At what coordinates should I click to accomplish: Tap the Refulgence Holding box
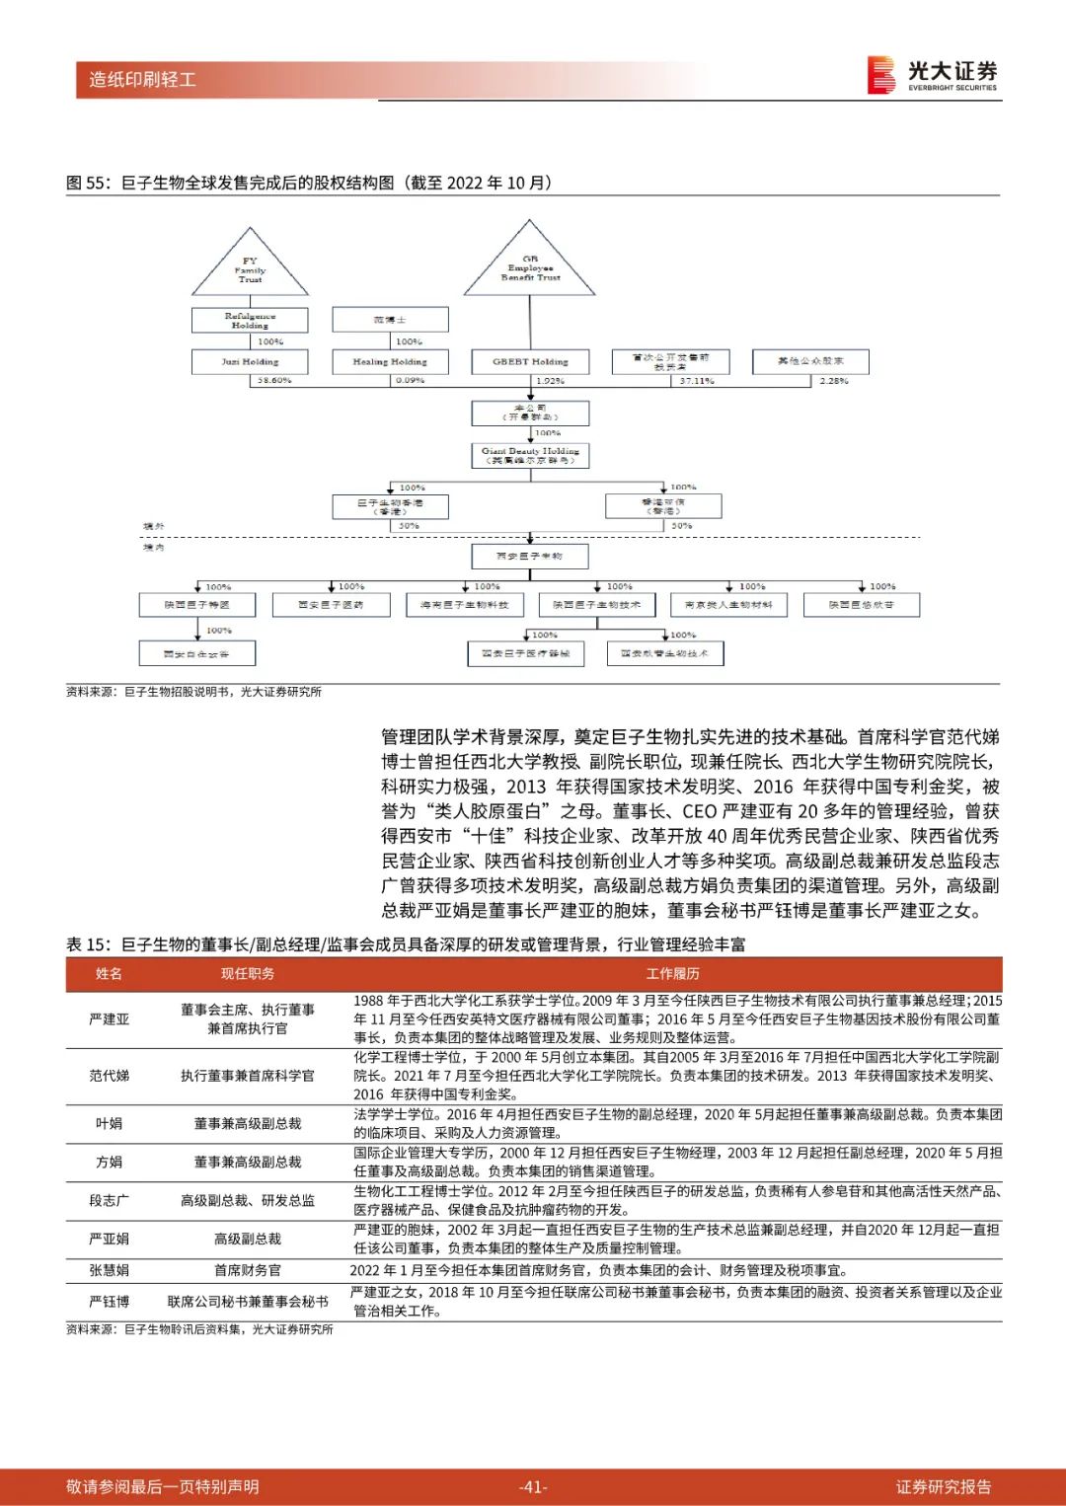pyautogui.click(x=250, y=321)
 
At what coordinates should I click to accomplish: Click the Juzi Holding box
pyautogui.click(x=250, y=361)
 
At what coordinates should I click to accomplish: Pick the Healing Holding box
pyautogui.click(x=390, y=361)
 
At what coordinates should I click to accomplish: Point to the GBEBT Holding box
pyautogui.click(x=530, y=361)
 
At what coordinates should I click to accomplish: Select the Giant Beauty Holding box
pyautogui.click(x=530, y=455)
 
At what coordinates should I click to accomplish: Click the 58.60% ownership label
pyautogui.click(x=274, y=380)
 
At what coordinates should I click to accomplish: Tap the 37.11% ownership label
pyautogui.click(x=697, y=381)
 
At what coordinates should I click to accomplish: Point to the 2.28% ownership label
pyautogui.click(x=834, y=380)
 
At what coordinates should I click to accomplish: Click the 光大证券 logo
pyautogui.click(x=932, y=75)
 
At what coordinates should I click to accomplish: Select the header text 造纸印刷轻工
pyautogui.click(x=142, y=80)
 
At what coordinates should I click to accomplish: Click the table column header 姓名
pyautogui.click(x=109, y=974)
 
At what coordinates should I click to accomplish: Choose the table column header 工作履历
pyautogui.click(x=673, y=974)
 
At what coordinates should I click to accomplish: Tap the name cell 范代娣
pyautogui.click(x=109, y=1076)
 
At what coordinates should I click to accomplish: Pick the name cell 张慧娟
pyautogui.click(x=109, y=1270)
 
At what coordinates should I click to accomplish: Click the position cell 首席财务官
pyautogui.click(x=248, y=1270)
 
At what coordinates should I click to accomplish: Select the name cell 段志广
pyautogui.click(x=109, y=1200)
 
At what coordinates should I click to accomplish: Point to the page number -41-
pyautogui.click(x=533, y=1487)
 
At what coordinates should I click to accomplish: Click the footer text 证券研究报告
pyautogui.click(x=944, y=1487)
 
